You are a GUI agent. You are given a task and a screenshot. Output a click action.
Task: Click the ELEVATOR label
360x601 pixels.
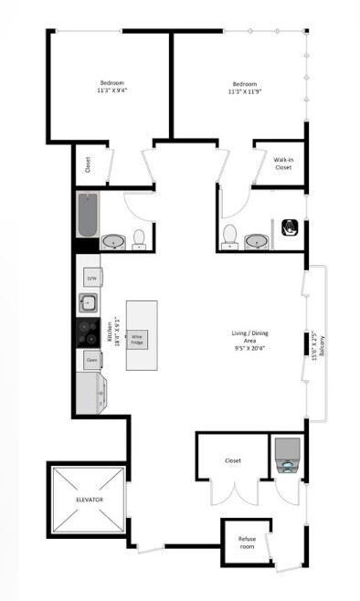[89, 501]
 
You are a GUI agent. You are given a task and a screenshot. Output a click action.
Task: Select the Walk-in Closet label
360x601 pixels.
[282, 164]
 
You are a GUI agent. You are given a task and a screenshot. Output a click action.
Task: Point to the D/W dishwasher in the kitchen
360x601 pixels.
[91, 278]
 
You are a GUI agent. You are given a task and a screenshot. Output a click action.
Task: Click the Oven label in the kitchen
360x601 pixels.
[91, 361]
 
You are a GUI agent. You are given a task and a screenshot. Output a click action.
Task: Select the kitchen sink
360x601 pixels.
[90, 304]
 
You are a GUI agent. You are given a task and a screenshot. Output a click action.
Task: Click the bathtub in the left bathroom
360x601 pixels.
[88, 213]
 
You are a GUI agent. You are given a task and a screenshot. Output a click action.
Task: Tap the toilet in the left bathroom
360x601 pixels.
[139, 239]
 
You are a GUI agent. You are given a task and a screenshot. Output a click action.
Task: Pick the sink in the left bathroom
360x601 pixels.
[113, 242]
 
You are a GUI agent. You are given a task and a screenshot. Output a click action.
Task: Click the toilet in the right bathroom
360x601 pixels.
[230, 236]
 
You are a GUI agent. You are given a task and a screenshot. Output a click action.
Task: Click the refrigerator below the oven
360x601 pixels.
[92, 393]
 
